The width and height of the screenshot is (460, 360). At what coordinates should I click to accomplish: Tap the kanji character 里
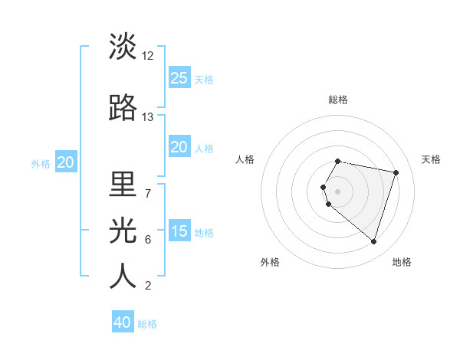123,184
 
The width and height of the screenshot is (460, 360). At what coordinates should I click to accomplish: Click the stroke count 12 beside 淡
148,56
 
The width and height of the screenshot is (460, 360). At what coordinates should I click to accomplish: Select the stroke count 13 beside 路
148,117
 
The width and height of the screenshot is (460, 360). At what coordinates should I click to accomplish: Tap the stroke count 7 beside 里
148,193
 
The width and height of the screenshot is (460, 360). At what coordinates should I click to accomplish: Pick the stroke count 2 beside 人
148,286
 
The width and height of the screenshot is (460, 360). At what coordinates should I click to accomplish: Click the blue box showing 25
179,77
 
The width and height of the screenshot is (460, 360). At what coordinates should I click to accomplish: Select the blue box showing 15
179,231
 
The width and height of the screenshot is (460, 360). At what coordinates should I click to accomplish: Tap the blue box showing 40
123,322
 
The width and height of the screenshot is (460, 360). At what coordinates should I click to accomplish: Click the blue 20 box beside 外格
66,162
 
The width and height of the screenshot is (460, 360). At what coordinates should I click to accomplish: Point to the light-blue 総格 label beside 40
147,324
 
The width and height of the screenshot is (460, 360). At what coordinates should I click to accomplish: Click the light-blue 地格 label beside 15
204,233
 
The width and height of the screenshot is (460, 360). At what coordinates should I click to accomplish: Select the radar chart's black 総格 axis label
338,100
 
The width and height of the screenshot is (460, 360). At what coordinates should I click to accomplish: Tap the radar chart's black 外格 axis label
270,262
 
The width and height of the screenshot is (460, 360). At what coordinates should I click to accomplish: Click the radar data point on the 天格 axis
396,172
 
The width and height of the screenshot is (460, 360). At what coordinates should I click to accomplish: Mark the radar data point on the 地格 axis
373,241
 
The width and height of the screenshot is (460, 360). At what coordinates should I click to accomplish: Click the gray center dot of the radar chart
338,191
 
